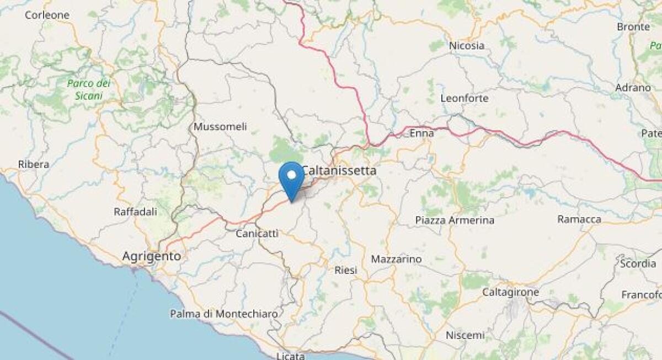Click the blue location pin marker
pyautogui.click(x=291, y=178)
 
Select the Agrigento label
pyautogui.click(x=151, y=256)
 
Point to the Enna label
pyautogui.click(x=421, y=132)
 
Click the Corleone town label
pyautogui.click(x=47, y=15)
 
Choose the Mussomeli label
pyautogui.click(x=220, y=127)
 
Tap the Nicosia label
pyautogui.click(x=467, y=46)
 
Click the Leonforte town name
pyautogui.click(x=465, y=98)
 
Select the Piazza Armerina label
pyautogui.click(x=455, y=221)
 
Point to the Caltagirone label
pyautogui.click(x=510, y=291)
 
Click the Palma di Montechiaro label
pyautogui.click(x=223, y=314)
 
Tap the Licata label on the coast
pyautogui.click(x=291, y=356)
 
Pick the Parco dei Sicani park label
pyautogui.click(x=88, y=89)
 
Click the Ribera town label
pyautogui.click(x=34, y=164)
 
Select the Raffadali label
pyautogui.click(x=135, y=211)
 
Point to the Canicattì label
pyautogui.click(x=257, y=234)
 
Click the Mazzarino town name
pyautogui.click(x=396, y=259)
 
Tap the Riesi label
pyautogui.click(x=346, y=270)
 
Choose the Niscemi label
pyautogui.click(x=465, y=335)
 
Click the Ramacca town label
pyautogui.click(x=579, y=219)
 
